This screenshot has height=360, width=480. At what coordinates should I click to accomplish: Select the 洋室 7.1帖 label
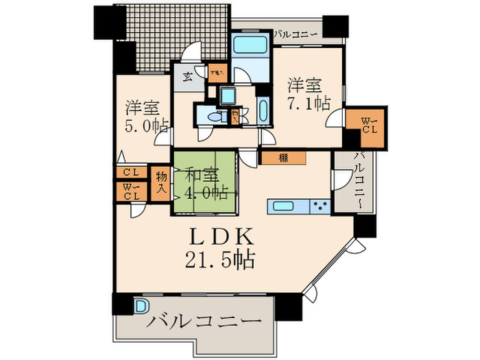click(307, 94)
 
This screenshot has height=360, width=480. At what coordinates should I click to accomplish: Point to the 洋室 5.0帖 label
click(145, 117)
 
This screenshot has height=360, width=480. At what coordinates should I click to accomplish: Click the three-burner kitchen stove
click(320, 206)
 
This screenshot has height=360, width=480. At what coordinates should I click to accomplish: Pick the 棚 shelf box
click(283, 158)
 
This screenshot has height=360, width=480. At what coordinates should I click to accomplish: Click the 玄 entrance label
click(187, 76)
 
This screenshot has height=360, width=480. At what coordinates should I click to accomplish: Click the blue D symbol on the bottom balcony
click(141, 306)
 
